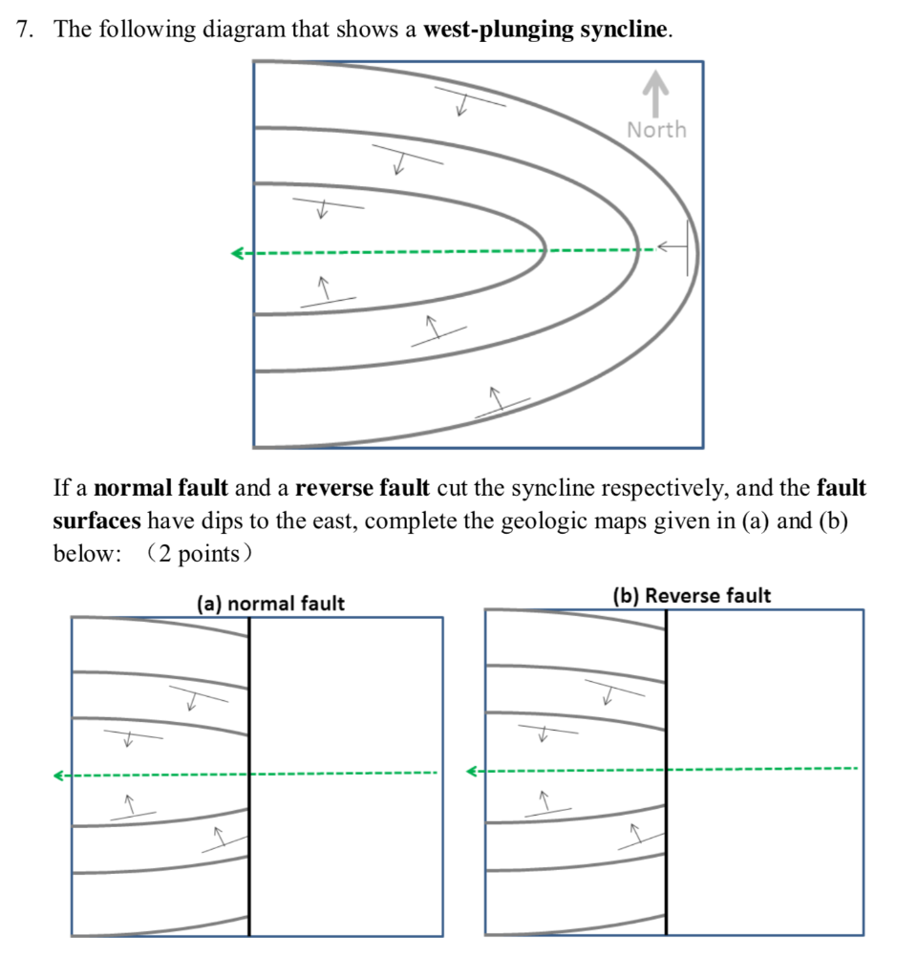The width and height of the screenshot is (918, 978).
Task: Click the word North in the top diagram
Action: coord(656,129)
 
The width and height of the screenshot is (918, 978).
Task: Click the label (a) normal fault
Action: coord(270,604)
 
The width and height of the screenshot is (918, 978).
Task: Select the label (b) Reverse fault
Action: coord(692,596)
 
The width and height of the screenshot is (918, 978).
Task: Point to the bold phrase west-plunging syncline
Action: coord(544,30)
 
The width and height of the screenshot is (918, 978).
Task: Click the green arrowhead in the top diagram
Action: coord(237,253)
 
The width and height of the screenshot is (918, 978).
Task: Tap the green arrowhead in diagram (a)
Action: coord(59,776)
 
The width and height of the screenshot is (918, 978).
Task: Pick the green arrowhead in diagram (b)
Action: coord(472,770)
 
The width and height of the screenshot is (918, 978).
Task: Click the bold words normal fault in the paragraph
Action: coord(162,489)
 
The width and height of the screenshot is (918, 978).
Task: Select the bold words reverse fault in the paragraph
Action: coord(362,489)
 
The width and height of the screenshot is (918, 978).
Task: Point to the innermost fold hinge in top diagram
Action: coord(544,253)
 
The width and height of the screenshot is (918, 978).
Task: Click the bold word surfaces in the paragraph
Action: coord(96,521)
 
